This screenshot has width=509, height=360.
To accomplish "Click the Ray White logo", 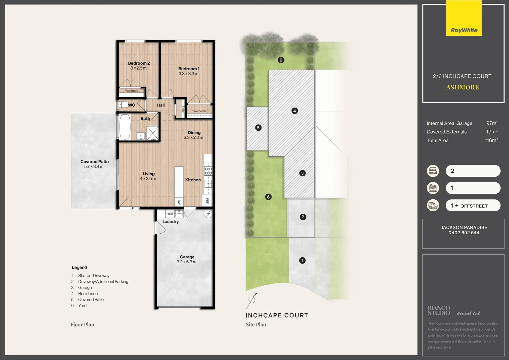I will (464, 30).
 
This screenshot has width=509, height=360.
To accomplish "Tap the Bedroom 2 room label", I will (139, 63).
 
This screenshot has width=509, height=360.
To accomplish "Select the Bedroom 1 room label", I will (189, 69).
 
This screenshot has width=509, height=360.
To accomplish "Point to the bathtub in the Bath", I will (125, 127).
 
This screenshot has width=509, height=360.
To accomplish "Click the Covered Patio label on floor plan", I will (94, 162).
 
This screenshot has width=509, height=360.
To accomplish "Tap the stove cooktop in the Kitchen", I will (208, 171).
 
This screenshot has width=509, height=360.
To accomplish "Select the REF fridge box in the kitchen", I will (207, 201).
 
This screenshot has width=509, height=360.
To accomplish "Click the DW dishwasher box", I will (179, 202).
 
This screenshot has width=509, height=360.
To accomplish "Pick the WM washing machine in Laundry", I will (170, 213).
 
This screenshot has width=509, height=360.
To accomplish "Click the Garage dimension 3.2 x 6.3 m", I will (186, 262).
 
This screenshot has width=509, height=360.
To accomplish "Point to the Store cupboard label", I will (183, 109).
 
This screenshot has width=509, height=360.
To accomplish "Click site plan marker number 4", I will (294, 111).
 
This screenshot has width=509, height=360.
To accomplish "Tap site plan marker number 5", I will (258, 128).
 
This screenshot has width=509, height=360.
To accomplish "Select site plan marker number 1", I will (302, 260).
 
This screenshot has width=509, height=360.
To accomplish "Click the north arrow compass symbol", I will (252, 300).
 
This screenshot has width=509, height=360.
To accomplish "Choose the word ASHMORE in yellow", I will (462, 87).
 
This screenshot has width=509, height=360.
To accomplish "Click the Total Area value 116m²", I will (491, 140).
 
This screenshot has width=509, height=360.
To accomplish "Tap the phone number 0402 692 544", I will (464, 233).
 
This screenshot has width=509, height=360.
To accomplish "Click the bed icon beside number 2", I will (433, 171).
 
